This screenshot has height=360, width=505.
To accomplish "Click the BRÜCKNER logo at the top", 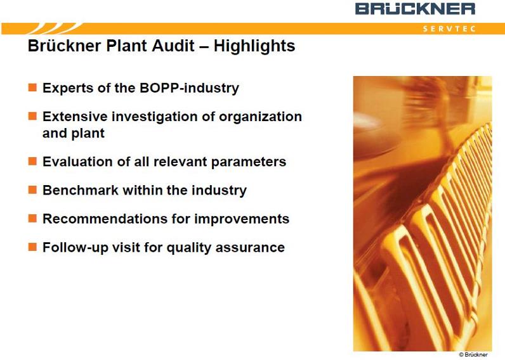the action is (415, 8).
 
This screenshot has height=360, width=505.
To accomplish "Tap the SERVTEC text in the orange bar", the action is (449, 29).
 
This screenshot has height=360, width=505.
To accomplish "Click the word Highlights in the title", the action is (254, 46).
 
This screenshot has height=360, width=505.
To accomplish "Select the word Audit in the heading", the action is (173, 46).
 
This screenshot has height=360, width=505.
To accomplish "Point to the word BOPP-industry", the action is (189, 88).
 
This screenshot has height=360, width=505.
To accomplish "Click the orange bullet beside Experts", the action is (32, 87).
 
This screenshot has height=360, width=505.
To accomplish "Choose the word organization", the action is (261, 117).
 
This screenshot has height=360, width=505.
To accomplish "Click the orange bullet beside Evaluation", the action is (32, 161).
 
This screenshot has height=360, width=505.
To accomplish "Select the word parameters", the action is (249, 162).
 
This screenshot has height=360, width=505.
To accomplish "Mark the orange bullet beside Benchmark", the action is (32, 190).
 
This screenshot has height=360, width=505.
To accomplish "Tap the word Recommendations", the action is (105, 219).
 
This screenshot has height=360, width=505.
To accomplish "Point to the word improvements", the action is (242, 219).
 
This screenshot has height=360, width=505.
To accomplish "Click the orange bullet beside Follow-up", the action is (32, 247).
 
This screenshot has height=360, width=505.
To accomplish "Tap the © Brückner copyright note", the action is (473, 355).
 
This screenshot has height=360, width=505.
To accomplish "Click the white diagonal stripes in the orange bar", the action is (55, 29).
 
